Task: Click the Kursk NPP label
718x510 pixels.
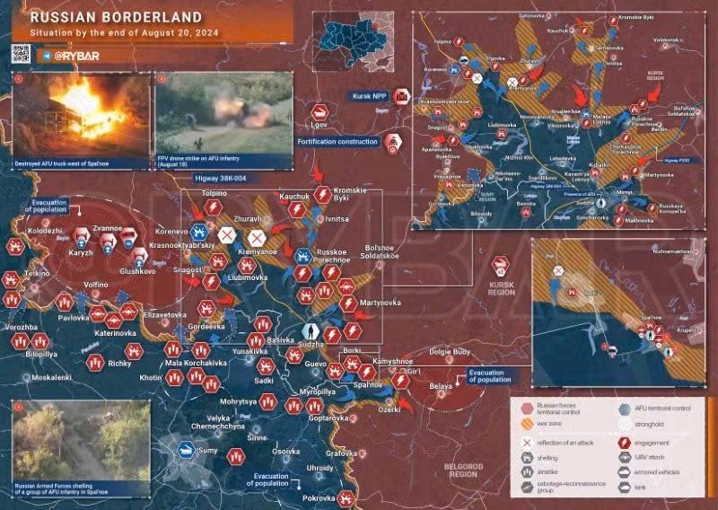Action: pyautogui.click(x=368, y=95)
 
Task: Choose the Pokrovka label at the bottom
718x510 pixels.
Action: pyautogui.click(x=318, y=497)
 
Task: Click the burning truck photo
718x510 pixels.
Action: pyautogui.click(x=81, y=115)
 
